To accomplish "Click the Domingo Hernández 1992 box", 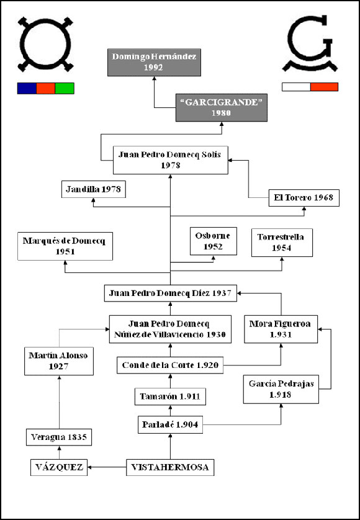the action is (154, 62).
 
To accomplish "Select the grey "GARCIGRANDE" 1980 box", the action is (222, 107).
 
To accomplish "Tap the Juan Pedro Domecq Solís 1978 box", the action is (170, 160).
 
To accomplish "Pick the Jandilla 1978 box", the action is (94, 189).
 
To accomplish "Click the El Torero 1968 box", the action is (304, 198).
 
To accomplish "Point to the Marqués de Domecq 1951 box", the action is (65, 246).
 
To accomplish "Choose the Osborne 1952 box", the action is (214, 241).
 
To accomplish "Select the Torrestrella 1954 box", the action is (282, 243).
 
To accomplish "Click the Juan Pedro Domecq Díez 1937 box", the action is (171, 293).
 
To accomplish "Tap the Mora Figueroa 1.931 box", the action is (281, 329).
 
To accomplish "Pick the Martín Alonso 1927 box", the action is (59, 361).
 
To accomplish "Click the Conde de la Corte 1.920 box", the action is (170, 365).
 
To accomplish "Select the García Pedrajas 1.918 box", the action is (281, 389).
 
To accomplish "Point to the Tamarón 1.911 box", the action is (170, 397).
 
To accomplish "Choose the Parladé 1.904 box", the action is (170, 425).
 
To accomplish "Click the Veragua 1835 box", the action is (59, 437).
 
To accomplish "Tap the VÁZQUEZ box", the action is (59, 467).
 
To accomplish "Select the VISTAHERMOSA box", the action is (170, 467).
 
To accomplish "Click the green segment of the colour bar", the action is (65, 88).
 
